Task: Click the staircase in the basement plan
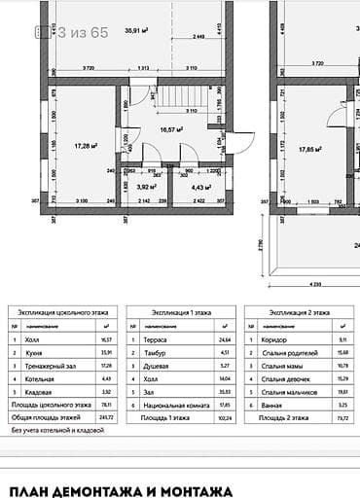181,97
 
